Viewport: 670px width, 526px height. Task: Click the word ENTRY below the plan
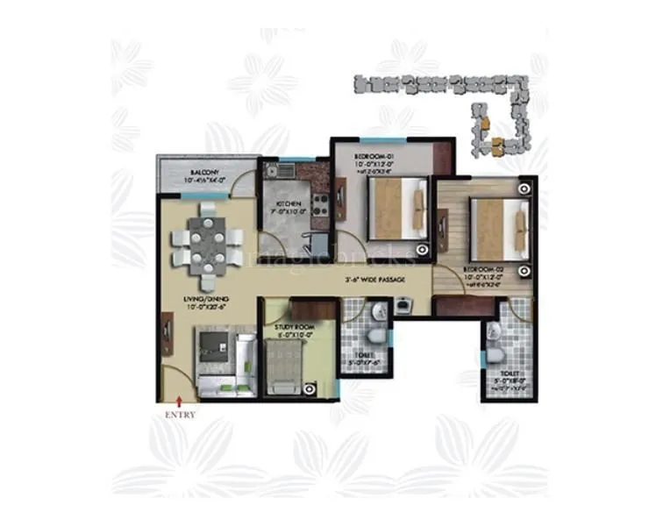click(180, 414)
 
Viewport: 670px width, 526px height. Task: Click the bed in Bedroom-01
click(396, 207)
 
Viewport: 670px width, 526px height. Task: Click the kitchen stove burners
click(321, 203)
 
